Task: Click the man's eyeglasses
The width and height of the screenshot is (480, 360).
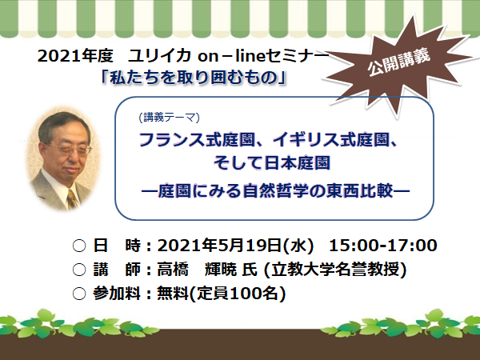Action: click(71, 149)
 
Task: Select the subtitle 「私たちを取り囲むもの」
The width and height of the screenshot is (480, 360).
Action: click(194, 78)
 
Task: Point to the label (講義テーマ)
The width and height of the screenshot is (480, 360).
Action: click(169, 118)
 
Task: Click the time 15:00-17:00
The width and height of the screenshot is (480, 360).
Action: click(382, 246)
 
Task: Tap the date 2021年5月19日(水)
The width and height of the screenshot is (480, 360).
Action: click(236, 246)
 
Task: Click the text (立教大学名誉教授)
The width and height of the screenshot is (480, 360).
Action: click(335, 270)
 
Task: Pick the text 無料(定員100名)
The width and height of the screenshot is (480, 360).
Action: click(222, 294)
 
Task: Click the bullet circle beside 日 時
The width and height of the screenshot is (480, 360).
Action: click(79, 246)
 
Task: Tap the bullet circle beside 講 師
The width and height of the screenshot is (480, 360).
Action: click(79, 270)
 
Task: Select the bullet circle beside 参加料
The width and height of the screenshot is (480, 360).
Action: click(79, 294)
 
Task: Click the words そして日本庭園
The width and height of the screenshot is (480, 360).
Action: click(272, 162)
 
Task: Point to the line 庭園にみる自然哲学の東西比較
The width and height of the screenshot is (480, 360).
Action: click(275, 190)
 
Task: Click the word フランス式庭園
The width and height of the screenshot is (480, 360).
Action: click(197, 140)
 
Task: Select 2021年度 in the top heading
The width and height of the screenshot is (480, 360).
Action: click(75, 56)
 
